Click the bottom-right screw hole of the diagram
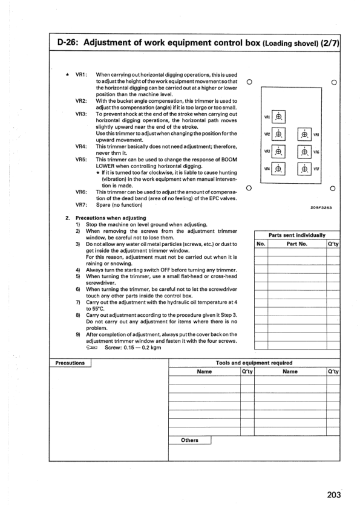[x=333, y=188]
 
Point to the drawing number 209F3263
[x=321, y=207]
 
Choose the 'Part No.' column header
[x=297, y=244]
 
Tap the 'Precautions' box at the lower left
[x=70, y=363]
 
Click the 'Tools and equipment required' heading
[x=254, y=363]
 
